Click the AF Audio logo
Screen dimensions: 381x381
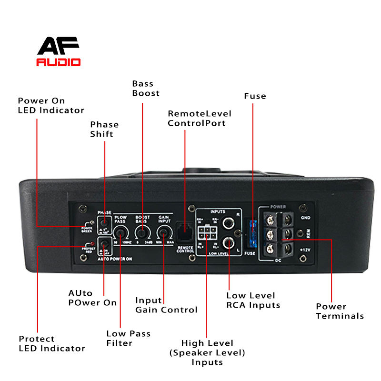(x=59, y=51)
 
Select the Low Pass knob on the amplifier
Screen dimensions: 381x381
(x=122, y=233)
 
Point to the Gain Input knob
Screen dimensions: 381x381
(x=164, y=233)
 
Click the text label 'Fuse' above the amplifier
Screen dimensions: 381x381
(x=255, y=96)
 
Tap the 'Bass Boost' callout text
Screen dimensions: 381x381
(x=146, y=89)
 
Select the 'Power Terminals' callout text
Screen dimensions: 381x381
(x=340, y=311)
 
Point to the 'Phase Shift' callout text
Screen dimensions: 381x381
(x=104, y=130)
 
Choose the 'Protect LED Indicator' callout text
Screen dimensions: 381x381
(x=51, y=343)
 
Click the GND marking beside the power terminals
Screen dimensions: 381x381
(x=305, y=217)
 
